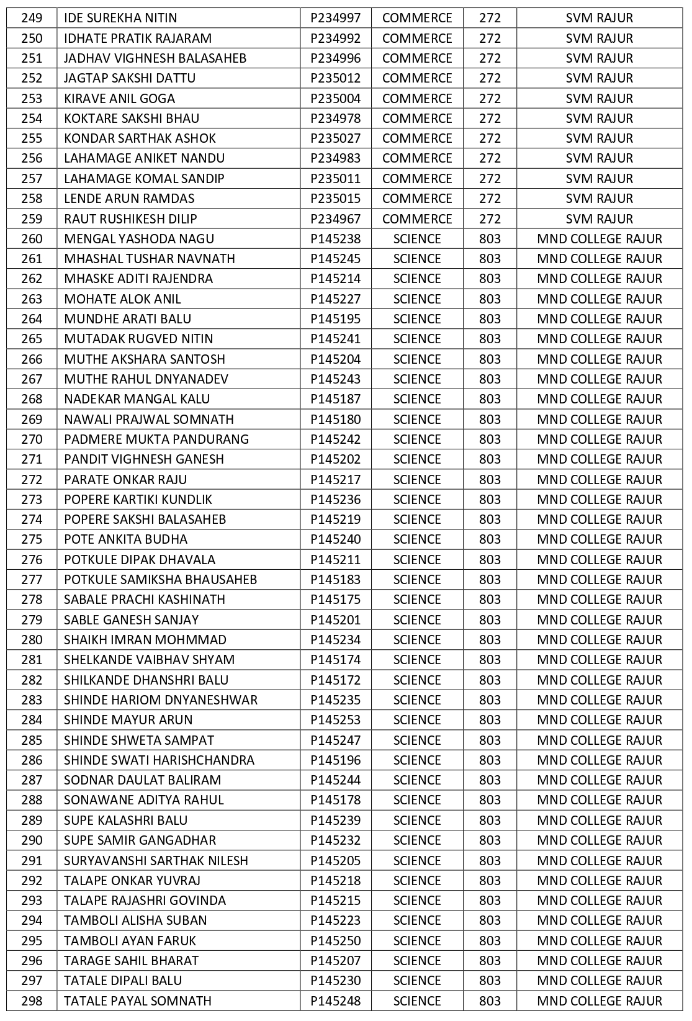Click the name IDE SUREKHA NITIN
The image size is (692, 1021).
[x=120, y=18]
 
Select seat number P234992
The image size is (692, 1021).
[x=335, y=38]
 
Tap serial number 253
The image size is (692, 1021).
[x=32, y=99]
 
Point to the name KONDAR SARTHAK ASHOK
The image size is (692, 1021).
[x=140, y=138]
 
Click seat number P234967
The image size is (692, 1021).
[x=335, y=219]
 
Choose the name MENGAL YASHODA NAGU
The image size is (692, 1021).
[x=139, y=239]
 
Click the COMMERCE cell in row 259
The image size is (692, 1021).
[x=417, y=219]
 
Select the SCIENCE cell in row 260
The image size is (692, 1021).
[x=417, y=239]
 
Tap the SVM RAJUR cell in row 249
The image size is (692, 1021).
[x=599, y=18]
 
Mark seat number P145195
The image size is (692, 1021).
[x=335, y=319]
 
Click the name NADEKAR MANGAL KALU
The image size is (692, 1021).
[x=137, y=399]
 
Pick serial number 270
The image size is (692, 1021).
[x=32, y=439]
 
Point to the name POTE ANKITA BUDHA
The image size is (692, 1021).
[x=125, y=539]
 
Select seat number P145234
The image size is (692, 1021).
[x=335, y=640]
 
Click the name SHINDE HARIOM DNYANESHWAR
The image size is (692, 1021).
[x=160, y=700]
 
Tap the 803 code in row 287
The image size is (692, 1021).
[x=490, y=780]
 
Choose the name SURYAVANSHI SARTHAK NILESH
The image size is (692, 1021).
[x=156, y=861]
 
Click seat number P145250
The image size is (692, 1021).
[x=335, y=941]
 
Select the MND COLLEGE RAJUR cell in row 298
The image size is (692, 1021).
[x=599, y=1001]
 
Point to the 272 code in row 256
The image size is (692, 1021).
[x=490, y=158]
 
